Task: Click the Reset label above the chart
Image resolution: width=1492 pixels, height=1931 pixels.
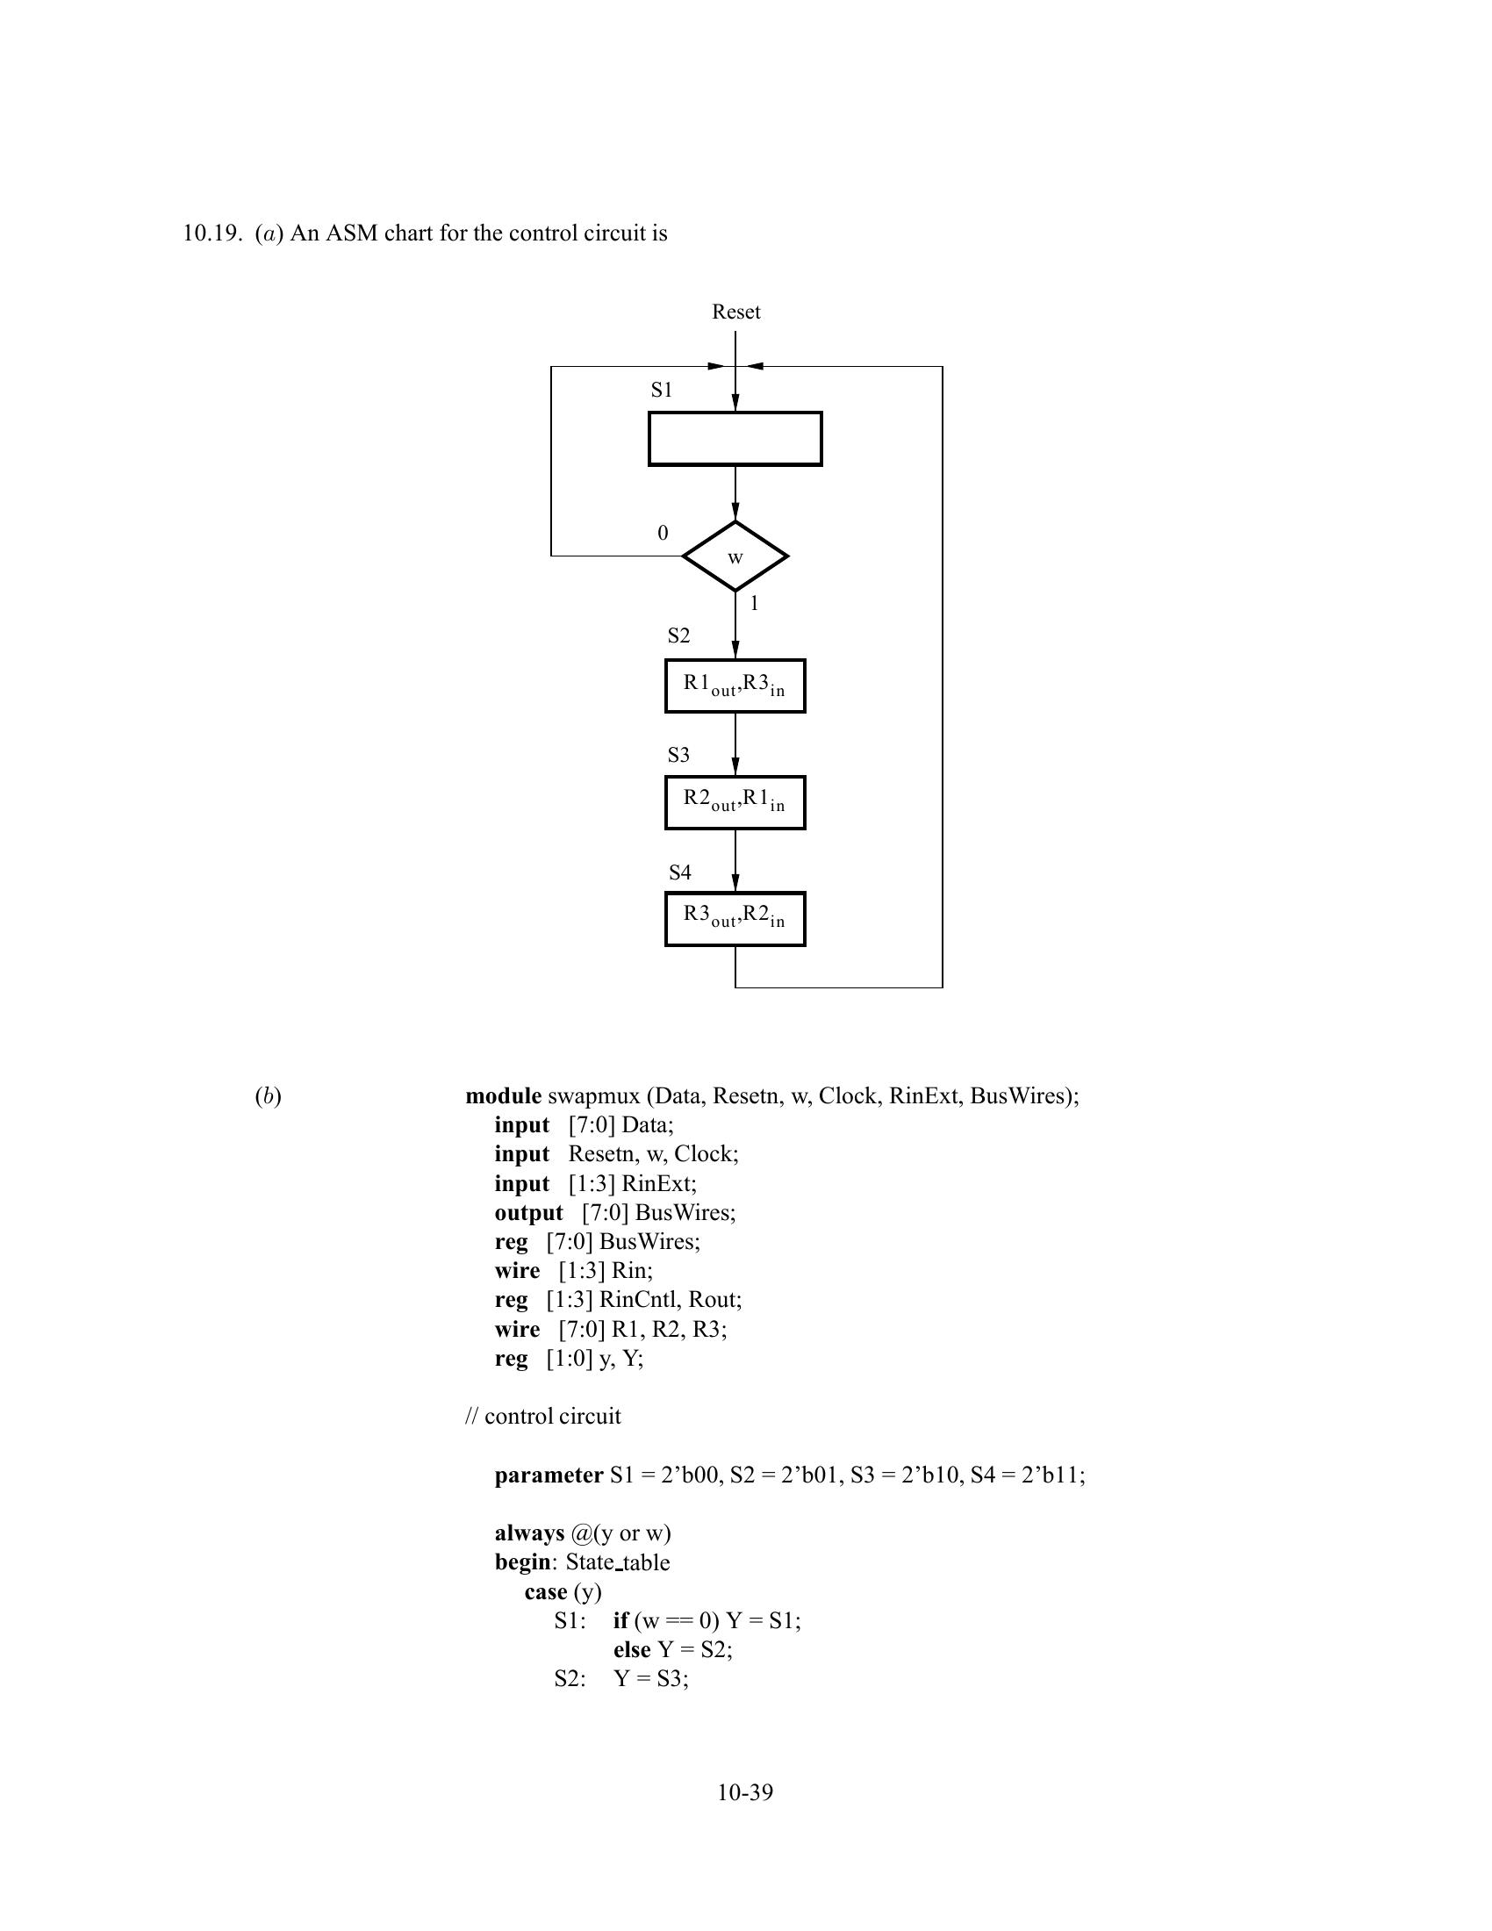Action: pyautogui.click(x=735, y=312)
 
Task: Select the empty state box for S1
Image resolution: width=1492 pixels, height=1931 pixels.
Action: pyautogui.click(x=735, y=439)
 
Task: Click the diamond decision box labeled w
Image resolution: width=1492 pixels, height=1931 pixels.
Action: pyautogui.click(x=735, y=557)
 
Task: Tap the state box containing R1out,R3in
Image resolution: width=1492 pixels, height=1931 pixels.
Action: pyautogui.click(x=735, y=686)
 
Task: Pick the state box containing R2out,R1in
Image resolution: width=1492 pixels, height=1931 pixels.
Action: pyautogui.click(x=735, y=802)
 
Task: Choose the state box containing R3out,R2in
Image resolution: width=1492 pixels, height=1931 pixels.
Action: pyautogui.click(x=735, y=919)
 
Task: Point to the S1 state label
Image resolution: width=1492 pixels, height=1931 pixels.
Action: pyautogui.click(x=661, y=390)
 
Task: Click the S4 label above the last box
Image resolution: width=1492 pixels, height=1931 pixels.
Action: pyautogui.click(x=678, y=872)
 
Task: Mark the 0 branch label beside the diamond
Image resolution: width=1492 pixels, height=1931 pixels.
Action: pyautogui.click(x=663, y=533)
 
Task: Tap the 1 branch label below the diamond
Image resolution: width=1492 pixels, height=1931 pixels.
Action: pyautogui.click(x=754, y=604)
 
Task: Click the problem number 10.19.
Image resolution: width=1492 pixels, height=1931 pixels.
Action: pyautogui.click(x=212, y=233)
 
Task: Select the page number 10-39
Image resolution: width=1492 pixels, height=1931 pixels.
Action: pyautogui.click(x=744, y=1792)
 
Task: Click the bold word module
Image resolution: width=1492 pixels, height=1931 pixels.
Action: pyautogui.click(x=503, y=1096)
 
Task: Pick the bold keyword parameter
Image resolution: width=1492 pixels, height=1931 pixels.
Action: pyautogui.click(x=548, y=1475)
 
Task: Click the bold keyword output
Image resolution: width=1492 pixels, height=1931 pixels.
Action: pyautogui.click(x=528, y=1213)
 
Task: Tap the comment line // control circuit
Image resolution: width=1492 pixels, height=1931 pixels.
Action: pyautogui.click(x=542, y=1417)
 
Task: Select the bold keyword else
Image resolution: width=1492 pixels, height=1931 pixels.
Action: pyautogui.click(x=631, y=1650)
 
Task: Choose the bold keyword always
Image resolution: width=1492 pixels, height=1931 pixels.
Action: pyautogui.click(x=528, y=1533)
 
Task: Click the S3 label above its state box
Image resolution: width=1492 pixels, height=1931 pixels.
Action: pyautogui.click(x=678, y=755)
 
